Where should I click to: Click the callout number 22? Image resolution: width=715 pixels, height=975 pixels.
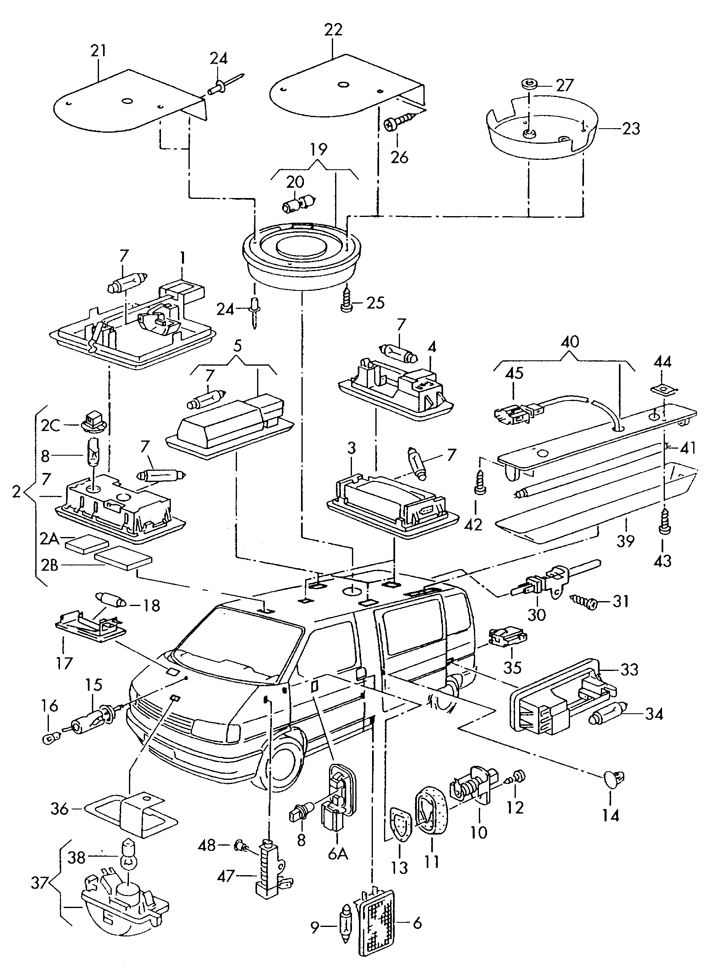click(333, 30)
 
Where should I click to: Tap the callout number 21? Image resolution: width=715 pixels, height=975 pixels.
click(98, 51)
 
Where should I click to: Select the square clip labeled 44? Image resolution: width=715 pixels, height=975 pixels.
click(661, 389)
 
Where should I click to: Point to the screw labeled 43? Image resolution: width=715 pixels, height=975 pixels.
click(663, 525)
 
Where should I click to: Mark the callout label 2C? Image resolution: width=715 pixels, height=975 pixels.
click(50, 426)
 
